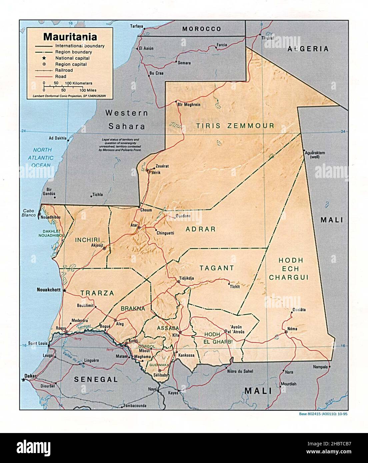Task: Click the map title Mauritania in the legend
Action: tap(70, 36)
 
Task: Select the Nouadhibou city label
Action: tap(51, 217)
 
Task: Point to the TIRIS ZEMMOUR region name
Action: tap(235, 126)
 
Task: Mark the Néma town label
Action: tap(292, 328)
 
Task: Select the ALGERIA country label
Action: tap(308, 49)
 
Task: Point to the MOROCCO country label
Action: tap(202, 29)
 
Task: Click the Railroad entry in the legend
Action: tap(64, 70)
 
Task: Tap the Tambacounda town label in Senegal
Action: tap(135, 406)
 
